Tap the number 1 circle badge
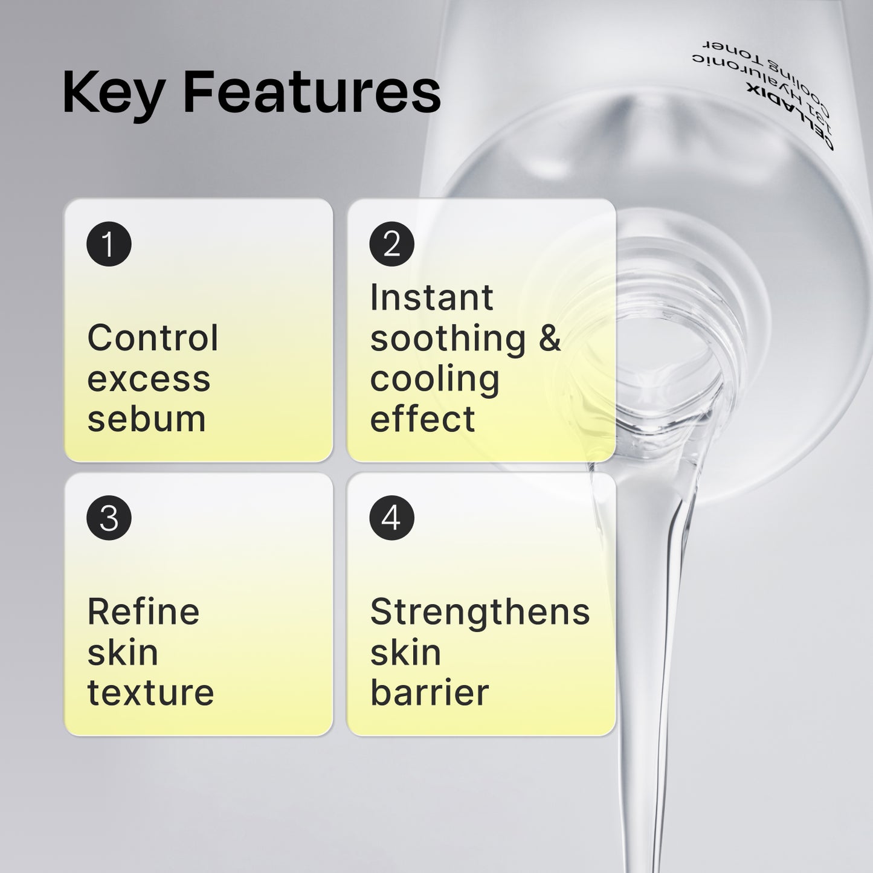point(109,245)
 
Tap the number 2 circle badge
point(391,245)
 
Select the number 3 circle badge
point(109,518)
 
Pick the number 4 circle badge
point(391,518)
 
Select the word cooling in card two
point(434,379)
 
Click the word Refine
point(143,611)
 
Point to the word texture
point(150,692)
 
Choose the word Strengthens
point(480,611)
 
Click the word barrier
point(429,692)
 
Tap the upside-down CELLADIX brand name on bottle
point(791,121)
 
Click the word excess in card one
point(149,379)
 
